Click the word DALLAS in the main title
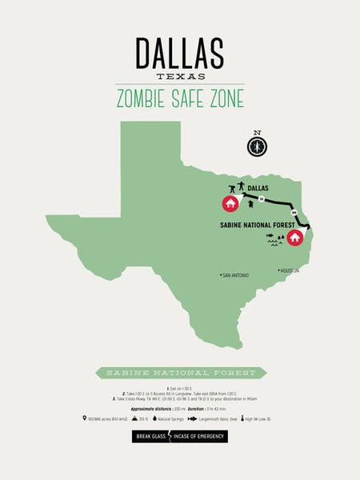point(179,53)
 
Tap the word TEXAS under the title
point(180,77)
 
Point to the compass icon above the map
point(257,146)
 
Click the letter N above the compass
point(257,133)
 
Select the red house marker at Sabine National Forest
point(295,237)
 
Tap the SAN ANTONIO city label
point(236,275)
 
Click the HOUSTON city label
point(288,270)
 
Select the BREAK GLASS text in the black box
point(152,437)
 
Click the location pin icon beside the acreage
point(85,418)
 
